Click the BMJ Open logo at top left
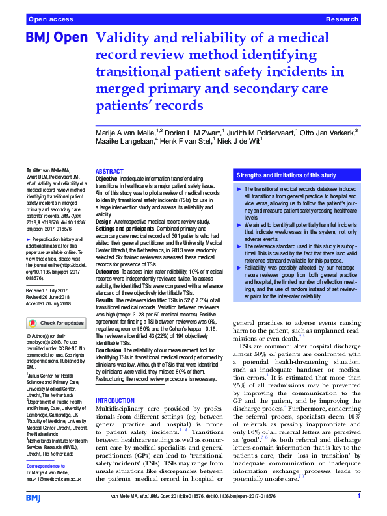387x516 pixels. click(x=56, y=38)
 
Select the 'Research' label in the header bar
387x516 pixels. click(x=342, y=20)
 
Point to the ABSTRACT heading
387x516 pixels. click(x=109, y=170)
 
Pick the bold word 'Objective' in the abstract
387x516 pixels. click(x=107, y=177)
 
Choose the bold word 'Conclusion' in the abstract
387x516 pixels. click(x=109, y=349)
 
